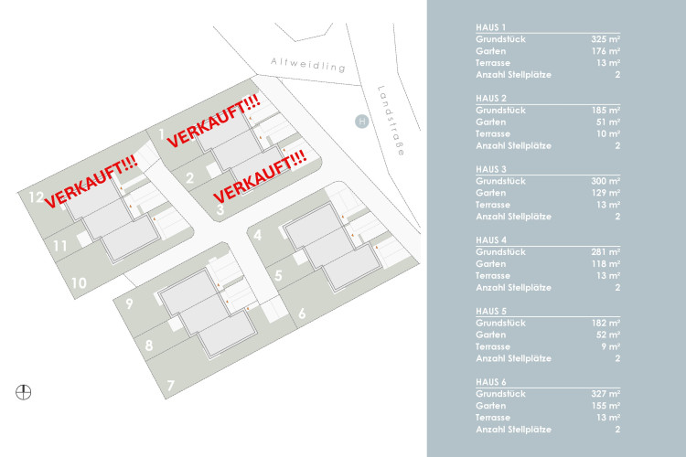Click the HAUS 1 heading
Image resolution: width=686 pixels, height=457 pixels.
point(491,27)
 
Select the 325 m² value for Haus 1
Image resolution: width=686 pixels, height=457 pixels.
point(606,39)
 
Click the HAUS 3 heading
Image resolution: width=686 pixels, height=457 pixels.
point(491,169)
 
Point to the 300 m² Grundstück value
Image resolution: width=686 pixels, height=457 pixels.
point(606,181)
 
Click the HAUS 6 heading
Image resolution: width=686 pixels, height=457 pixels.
point(491,382)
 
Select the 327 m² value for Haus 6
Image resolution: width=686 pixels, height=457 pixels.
point(606,394)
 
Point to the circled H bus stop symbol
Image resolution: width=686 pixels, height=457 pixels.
point(361,121)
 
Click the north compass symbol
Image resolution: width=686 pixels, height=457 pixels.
point(24,393)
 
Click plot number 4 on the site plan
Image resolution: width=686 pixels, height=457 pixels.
point(259,235)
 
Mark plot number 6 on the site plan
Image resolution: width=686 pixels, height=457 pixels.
point(301,314)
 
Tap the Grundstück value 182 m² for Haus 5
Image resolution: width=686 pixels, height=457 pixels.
point(606,323)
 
